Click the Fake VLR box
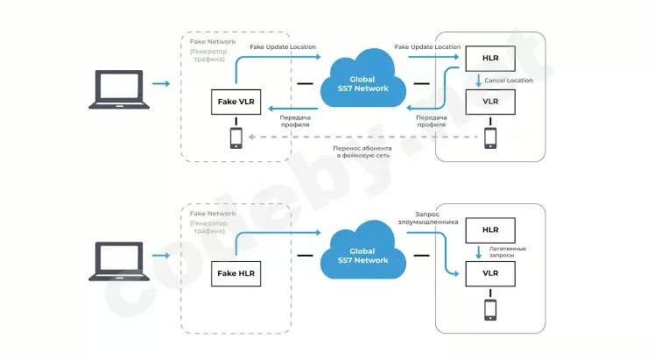pyautogui.click(x=236, y=102)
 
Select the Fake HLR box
pyautogui.click(x=236, y=273)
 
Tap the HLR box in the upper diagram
pyautogui.click(x=490, y=59)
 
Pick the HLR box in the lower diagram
pyautogui.click(x=490, y=230)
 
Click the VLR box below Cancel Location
pyautogui.click(x=490, y=102)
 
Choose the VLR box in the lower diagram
pyautogui.click(x=490, y=273)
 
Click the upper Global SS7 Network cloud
pyautogui.click(x=362, y=79)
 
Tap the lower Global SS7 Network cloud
pyautogui.click(x=362, y=251)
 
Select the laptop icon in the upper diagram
pyautogui.click(x=119, y=89)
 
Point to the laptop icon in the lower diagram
pyautogui.click(x=119, y=261)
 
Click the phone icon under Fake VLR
pyautogui.click(x=236, y=138)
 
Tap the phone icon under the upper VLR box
pyautogui.click(x=490, y=138)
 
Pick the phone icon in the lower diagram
pyautogui.click(x=490, y=310)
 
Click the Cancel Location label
pyautogui.click(x=509, y=80)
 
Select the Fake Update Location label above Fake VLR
pyautogui.click(x=283, y=46)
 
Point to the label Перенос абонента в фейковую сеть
pyautogui.click(x=362, y=152)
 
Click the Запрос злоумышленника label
pyautogui.click(x=428, y=218)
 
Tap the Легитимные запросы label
pyautogui.click(x=508, y=252)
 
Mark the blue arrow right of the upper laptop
pyautogui.click(x=161, y=84)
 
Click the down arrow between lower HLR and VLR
pyautogui.click(x=478, y=252)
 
